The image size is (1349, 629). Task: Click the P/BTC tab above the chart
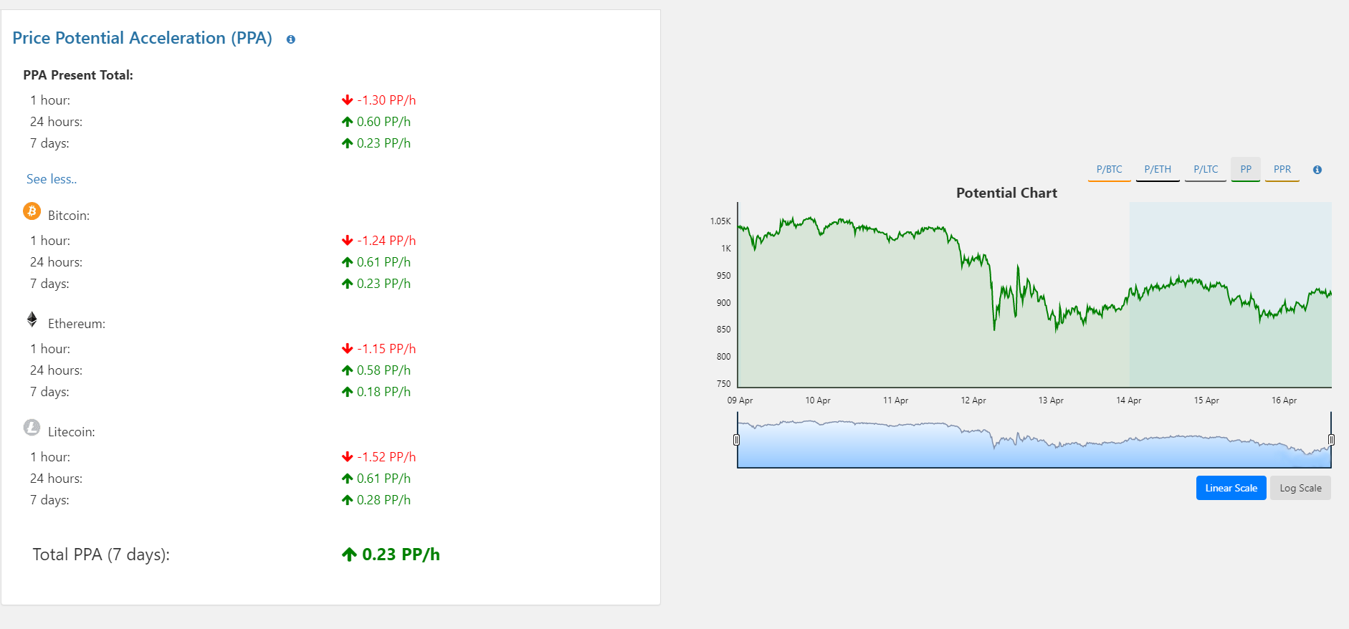coord(1109,170)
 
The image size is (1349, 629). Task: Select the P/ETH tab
coord(1158,170)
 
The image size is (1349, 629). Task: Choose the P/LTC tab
coord(1206,170)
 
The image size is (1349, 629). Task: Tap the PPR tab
coord(1282,170)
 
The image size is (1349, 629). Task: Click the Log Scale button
coord(1300,489)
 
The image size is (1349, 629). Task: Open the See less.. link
coord(52,179)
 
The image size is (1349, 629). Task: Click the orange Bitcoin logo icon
coord(32,211)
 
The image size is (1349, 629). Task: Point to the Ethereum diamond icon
coord(32,320)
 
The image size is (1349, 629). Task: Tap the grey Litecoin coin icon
coord(32,428)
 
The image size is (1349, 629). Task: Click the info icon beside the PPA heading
coord(291,39)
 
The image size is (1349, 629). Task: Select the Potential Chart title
coord(1006,193)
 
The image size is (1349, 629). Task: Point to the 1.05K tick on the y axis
coord(720,221)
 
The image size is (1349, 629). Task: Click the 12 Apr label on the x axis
coord(973,400)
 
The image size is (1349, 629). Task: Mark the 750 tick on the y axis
coord(724,384)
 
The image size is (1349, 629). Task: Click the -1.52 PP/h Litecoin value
coord(386,457)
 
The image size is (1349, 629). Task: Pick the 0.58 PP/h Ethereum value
coord(383,370)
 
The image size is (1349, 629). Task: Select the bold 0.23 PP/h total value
coord(401,554)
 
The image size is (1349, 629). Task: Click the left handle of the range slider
coord(736,440)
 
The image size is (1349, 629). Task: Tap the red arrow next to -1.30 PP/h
coord(348,100)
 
